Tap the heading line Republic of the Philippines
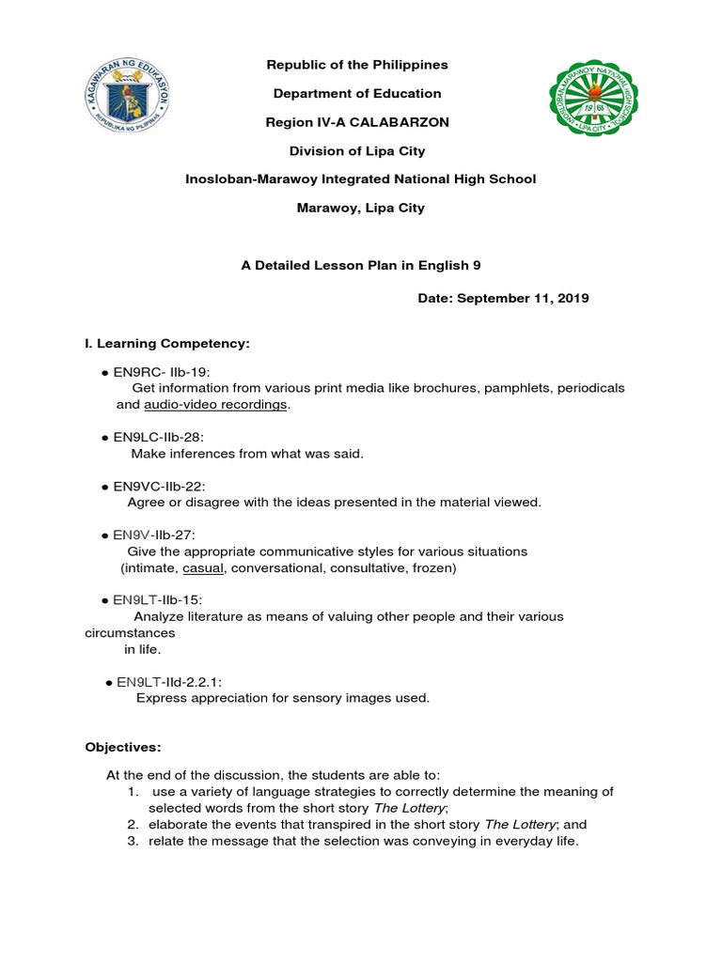357,65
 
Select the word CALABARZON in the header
406,122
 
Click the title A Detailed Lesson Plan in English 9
361,266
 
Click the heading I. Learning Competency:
167,345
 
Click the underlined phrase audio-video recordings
216,405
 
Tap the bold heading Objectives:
123,747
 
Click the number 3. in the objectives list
133,842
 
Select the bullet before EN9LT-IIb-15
105,600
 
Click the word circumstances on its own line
130,633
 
